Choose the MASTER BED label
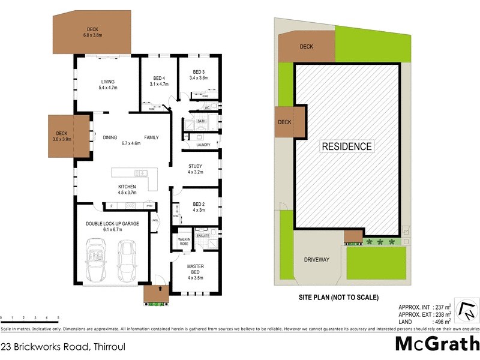pyautogui.click(x=195, y=271)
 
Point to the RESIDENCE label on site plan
pyautogui.click(x=347, y=146)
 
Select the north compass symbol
pyautogui.click(x=467, y=310)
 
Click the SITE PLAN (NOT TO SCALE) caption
pyautogui.click(x=338, y=297)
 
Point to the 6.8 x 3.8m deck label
pyautogui.click(x=93, y=32)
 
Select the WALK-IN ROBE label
pyautogui.click(x=183, y=242)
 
